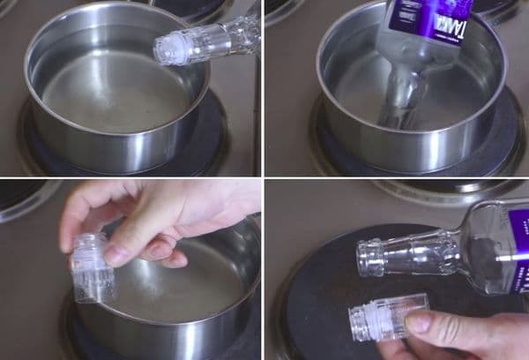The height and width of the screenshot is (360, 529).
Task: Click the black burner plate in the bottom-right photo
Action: tap(309, 282)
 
